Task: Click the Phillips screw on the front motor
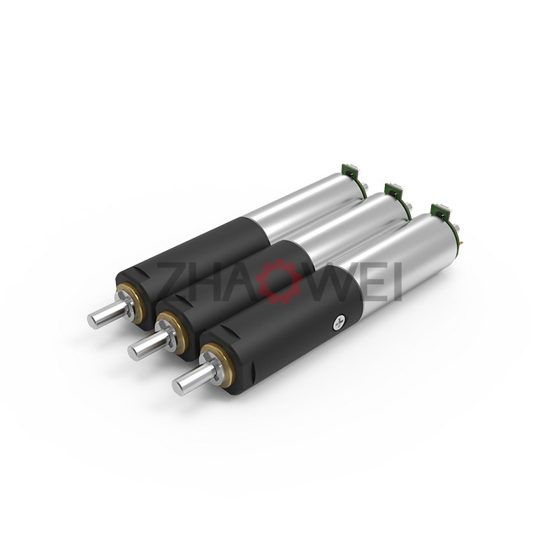coord(339,324)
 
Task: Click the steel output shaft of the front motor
coord(195,379)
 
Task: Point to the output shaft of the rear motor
coord(110,310)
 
